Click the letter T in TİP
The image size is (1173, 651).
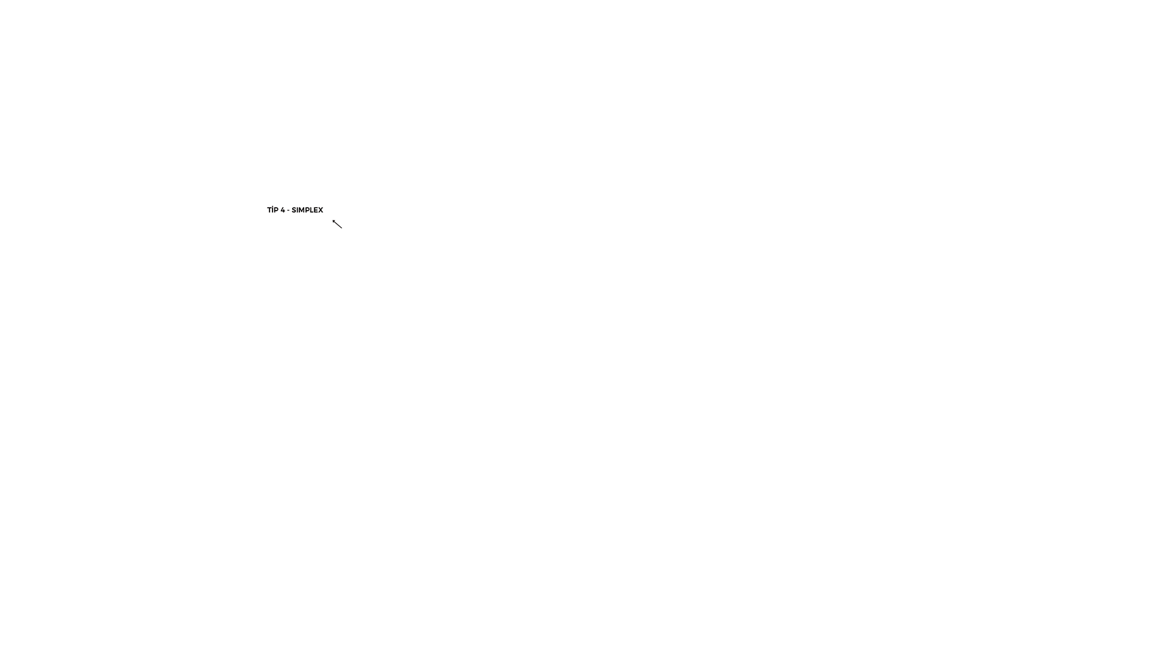(x=269, y=210)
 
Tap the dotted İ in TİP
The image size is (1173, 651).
(x=273, y=209)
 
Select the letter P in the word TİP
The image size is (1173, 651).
(x=277, y=210)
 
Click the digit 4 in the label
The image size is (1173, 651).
(x=283, y=210)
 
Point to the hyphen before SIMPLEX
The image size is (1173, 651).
(x=288, y=211)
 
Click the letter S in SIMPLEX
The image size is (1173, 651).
(x=294, y=210)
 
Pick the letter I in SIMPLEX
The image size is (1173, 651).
(x=298, y=210)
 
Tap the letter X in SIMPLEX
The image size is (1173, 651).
(x=321, y=210)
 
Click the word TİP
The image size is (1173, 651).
(x=273, y=209)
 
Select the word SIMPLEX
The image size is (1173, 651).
(x=307, y=210)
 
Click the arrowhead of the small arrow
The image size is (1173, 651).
(x=333, y=220)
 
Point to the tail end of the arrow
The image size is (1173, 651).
(x=342, y=228)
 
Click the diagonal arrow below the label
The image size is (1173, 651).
(x=337, y=224)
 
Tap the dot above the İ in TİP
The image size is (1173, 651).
(x=273, y=206)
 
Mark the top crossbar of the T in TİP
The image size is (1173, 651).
(x=269, y=208)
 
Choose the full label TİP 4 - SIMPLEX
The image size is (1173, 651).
(x=295, y=209)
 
